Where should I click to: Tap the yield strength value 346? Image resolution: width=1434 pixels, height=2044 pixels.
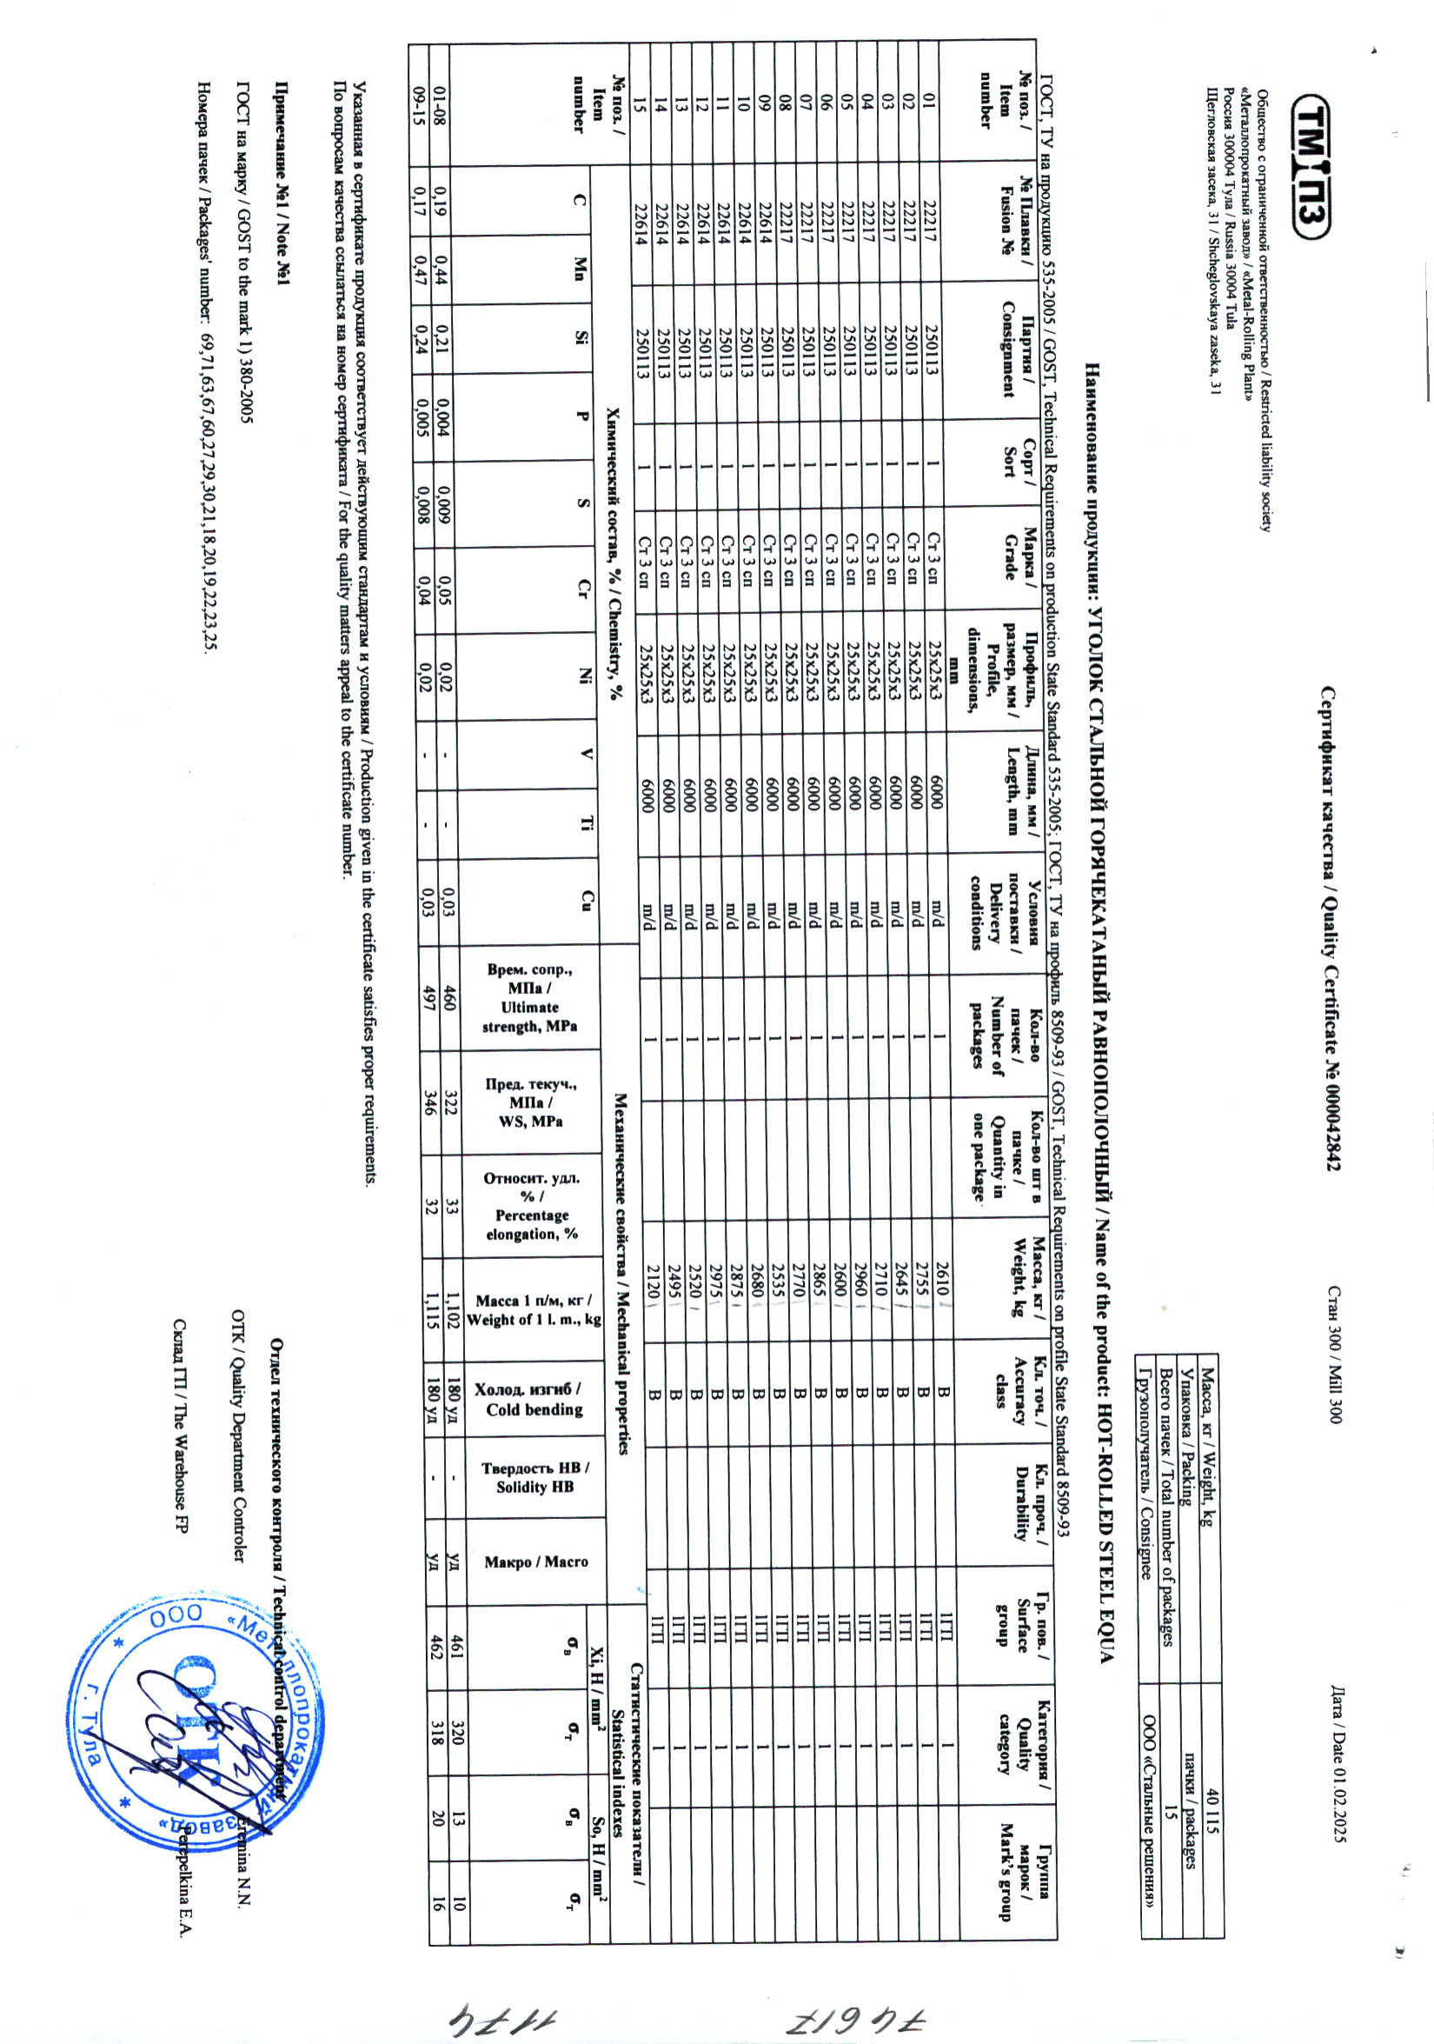(x=431, y=1102)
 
